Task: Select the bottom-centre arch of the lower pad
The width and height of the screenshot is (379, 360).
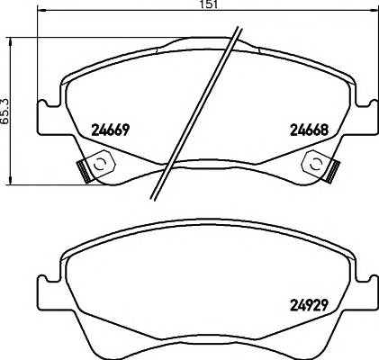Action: coord(206,343)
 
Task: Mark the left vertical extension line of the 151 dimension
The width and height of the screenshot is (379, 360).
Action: coord(39,54)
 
